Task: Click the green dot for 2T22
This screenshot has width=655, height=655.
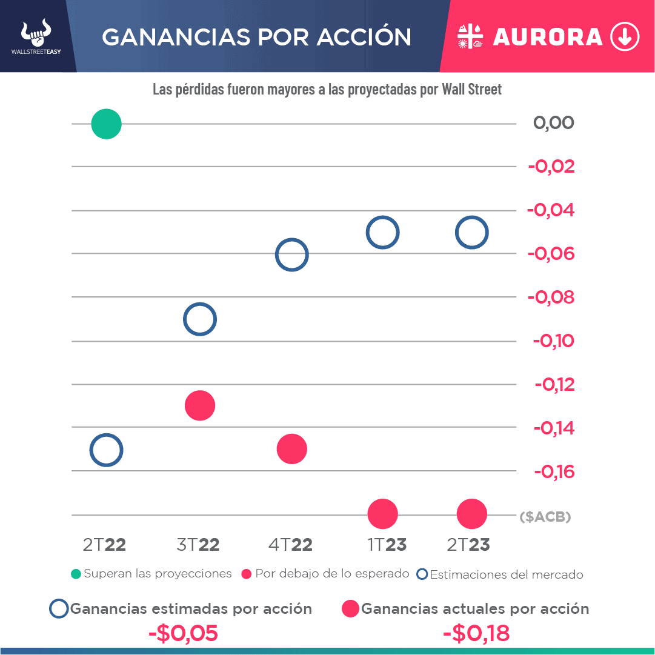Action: coord(106,124)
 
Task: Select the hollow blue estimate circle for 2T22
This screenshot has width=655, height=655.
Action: coord(106,450)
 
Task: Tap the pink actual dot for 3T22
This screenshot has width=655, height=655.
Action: coord(200,405)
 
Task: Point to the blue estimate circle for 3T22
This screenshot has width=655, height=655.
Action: coord(199,319)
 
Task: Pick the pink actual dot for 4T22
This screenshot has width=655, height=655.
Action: coord(292,449)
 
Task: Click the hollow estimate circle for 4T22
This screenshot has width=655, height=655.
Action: coord(292,254)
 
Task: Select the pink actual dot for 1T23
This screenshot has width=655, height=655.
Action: coord(382,514)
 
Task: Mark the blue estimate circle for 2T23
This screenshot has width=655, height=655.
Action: coord(471,232)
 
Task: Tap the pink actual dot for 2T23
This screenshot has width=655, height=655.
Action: coord(471,514)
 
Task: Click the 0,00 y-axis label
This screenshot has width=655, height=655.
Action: coord(553,123)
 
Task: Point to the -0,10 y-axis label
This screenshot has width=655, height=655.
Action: coord(553,341)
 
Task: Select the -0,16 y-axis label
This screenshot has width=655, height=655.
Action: coord(553,471)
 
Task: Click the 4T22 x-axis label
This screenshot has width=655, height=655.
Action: coord(290,545)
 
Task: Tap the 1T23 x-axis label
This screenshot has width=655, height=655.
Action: coord(387,545)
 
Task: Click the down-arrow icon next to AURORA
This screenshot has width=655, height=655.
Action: coord(625,37)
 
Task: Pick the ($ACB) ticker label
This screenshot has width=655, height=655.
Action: coord(545,517)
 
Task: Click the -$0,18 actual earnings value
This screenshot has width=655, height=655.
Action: coord(476,633)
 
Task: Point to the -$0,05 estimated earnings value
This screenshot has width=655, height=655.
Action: coord(183,633)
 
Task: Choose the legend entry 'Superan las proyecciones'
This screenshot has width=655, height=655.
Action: coord(151,574)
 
